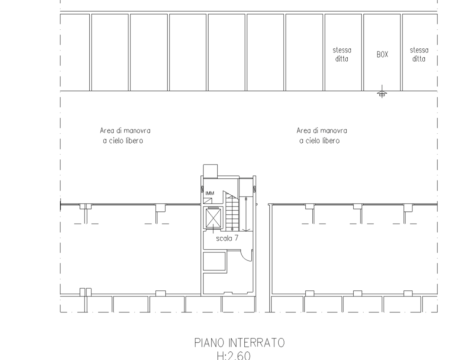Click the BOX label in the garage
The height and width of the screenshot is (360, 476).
[x=382, y=54]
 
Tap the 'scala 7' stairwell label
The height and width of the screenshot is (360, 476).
[x=227, y=239]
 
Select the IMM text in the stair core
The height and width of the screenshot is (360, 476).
[x=210, y=193]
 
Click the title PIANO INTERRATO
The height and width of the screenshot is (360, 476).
[x=239, y=343]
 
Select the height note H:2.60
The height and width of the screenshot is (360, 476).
[x=234, y=356]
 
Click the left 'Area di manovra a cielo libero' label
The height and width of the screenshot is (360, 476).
[x=125, y=136]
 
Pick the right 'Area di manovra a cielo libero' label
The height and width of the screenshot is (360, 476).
[x=322, y=136]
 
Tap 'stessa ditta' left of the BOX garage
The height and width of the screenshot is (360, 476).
[x=342, y=55]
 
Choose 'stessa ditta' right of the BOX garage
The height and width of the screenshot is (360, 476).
[x=419, y=55]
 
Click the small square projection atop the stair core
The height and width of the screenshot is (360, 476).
[x=210, y=171]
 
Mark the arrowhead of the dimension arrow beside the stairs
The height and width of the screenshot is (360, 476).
[x=246, y=230]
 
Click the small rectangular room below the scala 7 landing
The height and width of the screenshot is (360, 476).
[x=214, y=261]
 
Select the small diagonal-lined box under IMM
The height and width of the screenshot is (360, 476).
[x=208, y=201]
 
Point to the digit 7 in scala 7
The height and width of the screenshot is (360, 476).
[x=237, y=238]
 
